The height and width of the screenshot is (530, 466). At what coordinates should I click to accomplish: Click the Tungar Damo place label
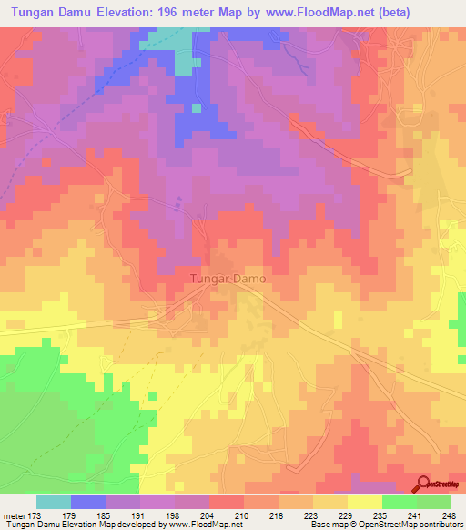pyautogui.click(x=228, y=279)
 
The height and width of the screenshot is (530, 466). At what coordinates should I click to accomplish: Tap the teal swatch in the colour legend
pyautogui.click(x=54, y=502)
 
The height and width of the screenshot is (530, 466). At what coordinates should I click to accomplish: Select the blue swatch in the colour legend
pyautogui.click(x=88, y=502)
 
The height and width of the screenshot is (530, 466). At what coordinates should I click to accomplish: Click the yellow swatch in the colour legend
pyautogui.click(x=365, y=502)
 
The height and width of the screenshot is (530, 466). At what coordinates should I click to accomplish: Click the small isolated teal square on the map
pyautogui.click(x=197, y=108)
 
